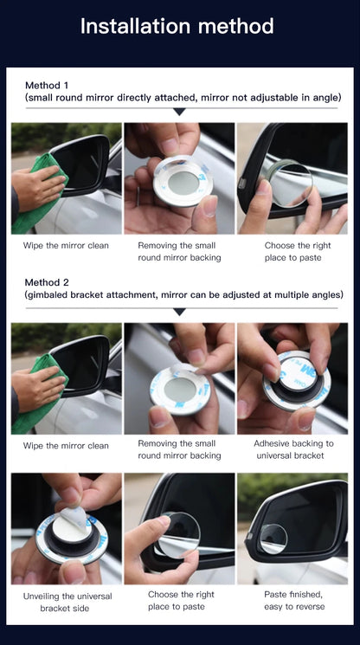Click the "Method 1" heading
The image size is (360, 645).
pos(47,85)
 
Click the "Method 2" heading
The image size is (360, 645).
pos(47,282)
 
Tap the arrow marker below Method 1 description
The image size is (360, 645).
pos(179,112)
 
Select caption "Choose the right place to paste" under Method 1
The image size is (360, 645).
pos(292,251)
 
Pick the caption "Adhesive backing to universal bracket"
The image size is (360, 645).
pos(292,449)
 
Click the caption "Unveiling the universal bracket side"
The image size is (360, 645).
pos(67,601)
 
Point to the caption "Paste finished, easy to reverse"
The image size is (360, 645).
pos(292,601)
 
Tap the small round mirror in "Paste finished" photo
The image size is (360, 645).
pos(273,539)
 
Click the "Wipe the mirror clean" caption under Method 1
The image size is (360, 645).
pos(67,246)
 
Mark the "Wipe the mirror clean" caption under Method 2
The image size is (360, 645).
pos(67,446)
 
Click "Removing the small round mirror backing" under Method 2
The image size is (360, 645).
pos(179,449)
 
